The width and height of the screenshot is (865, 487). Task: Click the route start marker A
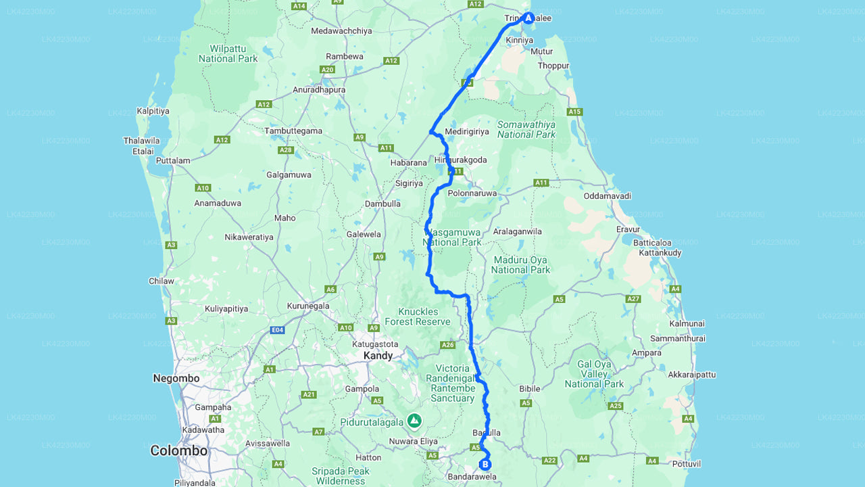pyautogui.click(x=528, y=18)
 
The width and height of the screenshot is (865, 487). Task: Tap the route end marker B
pyautogui.click(x=485, y=464)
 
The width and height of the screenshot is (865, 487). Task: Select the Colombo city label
pyautogui.click(x=178, y=450)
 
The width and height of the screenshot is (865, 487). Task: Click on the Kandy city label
pyautogui.click(x=378, y=356)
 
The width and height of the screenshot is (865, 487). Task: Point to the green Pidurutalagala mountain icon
pyautogui.click(x=414, y=421)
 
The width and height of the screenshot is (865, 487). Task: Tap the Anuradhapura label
pyautogui.click(x=319, y=90)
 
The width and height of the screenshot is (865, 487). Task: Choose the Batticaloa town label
pyautogui.click(x=652, y=243)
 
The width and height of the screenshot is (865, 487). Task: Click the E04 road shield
pyautogui.click(x=277, y=330)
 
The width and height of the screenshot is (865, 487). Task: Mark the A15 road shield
pyautogui.click(x=574, y=112)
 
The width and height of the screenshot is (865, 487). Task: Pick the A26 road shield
pyautogui.click(x=447, y=345)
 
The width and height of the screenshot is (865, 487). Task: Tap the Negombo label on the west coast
pyautogui.click(x=176, y=379)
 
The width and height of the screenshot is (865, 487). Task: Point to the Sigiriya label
pyautogui.click(x=408, y=183)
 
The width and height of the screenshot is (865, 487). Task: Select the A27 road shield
pyautogui.click(x=633, y=298)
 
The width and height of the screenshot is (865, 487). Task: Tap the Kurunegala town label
pyautogui.click(x=308, y=306)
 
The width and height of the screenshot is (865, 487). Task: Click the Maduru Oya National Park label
pyautogui.click(x=520, y=265)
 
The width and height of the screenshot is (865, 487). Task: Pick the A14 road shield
pyautogui.click(x=299, y=5)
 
